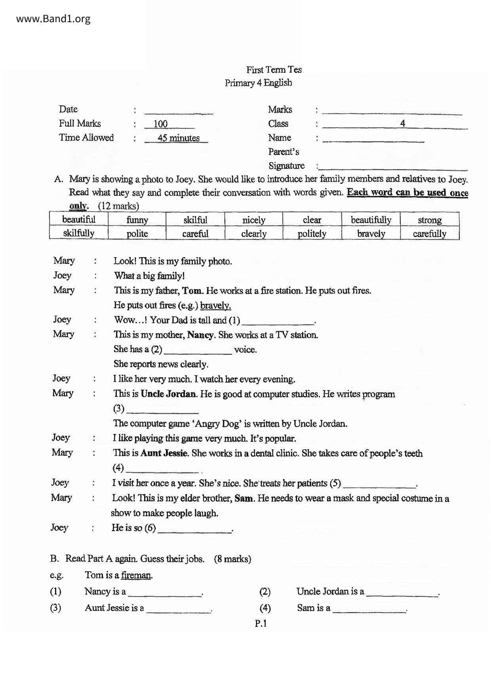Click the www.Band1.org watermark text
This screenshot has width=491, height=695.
(x=53, y=19)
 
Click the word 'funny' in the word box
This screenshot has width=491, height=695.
(x=137, y=220)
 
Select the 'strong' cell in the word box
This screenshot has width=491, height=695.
(x=430, y=220)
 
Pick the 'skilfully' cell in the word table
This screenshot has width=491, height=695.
(x=79, y=233)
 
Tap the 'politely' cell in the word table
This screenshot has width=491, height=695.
(x=312, y=233)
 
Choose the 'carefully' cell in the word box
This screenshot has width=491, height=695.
(x=430, y=233)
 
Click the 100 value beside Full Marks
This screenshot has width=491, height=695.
(x=161, y=124)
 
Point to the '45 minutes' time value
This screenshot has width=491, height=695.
(x=178, y=138)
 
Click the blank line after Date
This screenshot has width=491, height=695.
(x=179, y=112)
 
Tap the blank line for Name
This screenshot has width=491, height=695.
(x=373, y=139)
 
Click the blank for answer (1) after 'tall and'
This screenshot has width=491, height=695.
(x=278, y=321)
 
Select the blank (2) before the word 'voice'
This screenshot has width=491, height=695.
(x=198, y=351)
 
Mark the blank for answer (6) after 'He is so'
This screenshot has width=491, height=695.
(x=194, y=529)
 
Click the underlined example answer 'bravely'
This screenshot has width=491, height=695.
(x=215, y=305)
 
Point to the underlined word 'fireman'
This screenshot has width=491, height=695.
(x=136, y=575)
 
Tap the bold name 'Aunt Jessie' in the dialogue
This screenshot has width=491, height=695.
(x=164, y=453)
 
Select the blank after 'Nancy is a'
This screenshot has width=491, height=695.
(x=165, y=593)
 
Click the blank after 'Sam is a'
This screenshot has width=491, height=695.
(x=369, y=609)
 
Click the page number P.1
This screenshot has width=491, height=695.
(x=261, y=624)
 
